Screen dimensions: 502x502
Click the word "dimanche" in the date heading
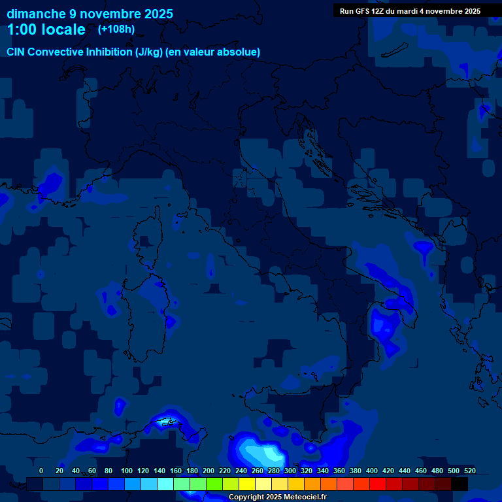coord(36,14)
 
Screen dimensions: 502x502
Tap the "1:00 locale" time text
coord(46,30)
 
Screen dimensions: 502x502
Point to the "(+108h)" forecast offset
coord(116,29)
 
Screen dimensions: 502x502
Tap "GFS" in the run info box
coord(361,11)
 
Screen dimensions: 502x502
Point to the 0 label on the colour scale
coord(41,471)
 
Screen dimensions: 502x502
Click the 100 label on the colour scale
coord(127,471)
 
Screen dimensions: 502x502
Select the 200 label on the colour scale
coord(209,471)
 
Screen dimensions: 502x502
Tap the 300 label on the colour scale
coord(290,471)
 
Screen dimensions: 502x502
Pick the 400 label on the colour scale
coord(372,471)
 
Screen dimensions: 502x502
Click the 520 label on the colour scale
coord(470,471)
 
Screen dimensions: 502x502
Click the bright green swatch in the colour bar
coord(214,484)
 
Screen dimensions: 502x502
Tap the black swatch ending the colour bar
coord(460,484)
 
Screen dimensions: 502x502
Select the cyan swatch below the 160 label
coord(165,484)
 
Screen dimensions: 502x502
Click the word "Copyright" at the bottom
coord(247,497)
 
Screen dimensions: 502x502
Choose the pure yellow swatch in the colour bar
coord(247,484)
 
